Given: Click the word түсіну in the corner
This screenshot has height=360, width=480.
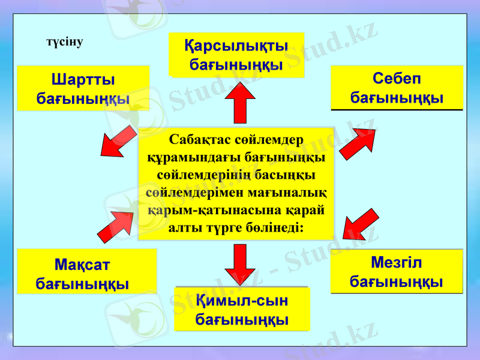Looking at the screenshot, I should tap(64, 43).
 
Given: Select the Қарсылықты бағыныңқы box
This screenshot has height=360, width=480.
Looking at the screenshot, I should tap(236, 55).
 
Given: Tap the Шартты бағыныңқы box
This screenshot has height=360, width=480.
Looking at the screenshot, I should tap(83, 88).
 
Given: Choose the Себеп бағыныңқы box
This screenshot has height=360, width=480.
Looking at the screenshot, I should tap(397, 88).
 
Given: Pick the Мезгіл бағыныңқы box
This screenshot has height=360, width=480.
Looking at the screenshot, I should tap(397, 272).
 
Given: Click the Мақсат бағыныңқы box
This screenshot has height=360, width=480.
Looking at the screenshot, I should tap(86, 272).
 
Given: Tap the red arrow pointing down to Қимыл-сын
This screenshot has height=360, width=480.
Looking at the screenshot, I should tap(241, 265).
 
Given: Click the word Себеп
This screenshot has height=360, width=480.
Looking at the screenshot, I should tap(397, 79).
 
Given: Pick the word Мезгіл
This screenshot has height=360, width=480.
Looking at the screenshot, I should tap(397, 263).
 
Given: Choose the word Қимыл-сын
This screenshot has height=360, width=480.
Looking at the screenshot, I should tap(242, 300).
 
